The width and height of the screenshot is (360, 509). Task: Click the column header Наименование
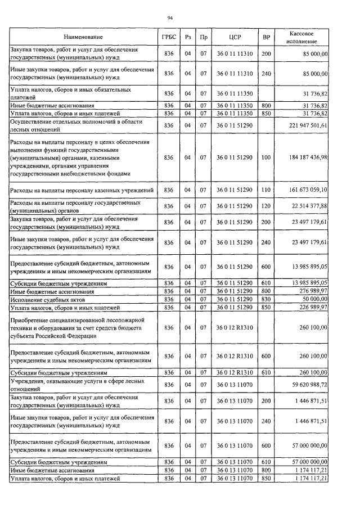click(x=83, y=37)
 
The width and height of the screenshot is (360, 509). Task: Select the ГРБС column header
click(x=168, y=37)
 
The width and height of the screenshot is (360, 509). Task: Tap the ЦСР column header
click(x=235, y=37)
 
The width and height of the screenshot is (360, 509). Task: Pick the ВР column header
click(x=267, y=37)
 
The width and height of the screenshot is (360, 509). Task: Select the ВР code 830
click(x=267, y=299)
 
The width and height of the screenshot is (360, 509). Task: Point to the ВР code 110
click(x=267, y=191)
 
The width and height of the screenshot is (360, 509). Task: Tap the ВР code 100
click(x=267, y=158)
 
